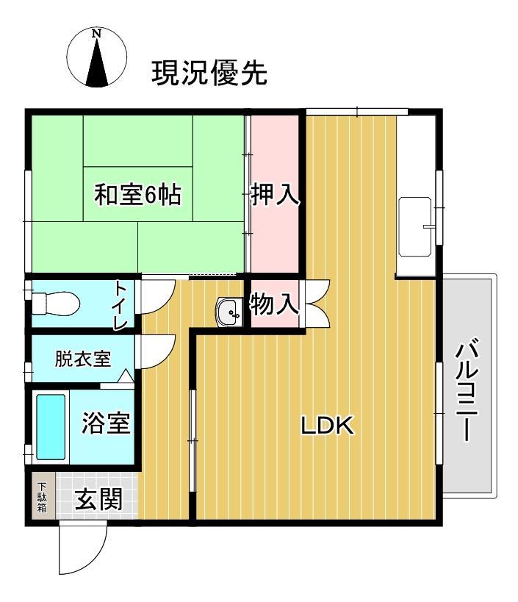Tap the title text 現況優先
(209, 74)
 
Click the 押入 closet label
(275, 195)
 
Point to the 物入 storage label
(275, 304)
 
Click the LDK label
(328, 425)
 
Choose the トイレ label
(120, 304)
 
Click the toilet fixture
(55, 302)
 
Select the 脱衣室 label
(82, 359)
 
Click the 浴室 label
(105, 424)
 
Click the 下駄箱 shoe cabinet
(42, 497)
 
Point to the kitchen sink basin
(417, 227)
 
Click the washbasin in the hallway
(230, 312)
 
